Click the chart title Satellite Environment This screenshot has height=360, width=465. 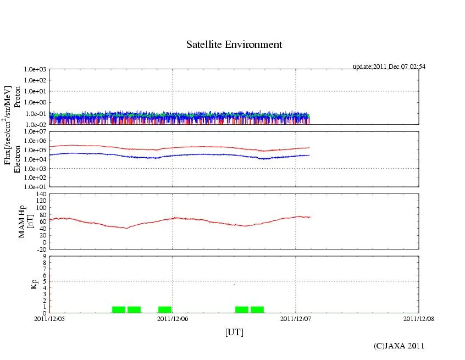[234, 45]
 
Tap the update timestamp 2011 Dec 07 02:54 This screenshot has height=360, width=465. [389, 67]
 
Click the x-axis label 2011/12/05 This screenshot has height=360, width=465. [49, 318]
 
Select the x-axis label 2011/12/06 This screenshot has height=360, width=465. [173, 318]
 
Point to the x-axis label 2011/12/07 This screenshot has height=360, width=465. [296, 318]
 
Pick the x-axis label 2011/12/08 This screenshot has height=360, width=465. [419, 318]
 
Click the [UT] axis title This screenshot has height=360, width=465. [234, 332]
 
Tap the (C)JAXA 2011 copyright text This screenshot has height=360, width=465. [399, 346]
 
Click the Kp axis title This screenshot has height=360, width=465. [34, 284]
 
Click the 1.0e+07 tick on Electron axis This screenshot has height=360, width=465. [35, 132]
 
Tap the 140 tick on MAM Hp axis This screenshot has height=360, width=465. [41, 194]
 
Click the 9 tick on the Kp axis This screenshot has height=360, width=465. [44, 256]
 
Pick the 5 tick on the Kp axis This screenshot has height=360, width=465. [44, 281]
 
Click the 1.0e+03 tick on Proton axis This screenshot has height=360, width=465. [35, 70]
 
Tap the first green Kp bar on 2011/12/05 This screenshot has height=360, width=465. [119, 309]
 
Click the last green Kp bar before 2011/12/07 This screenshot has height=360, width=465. [257, 309]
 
